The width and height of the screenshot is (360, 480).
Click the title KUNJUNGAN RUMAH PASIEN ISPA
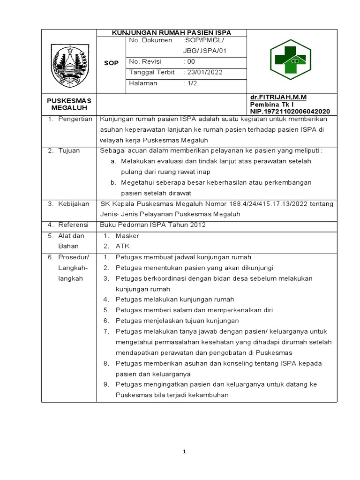pos(171,33)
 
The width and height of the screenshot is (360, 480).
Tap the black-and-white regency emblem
pos(69,66)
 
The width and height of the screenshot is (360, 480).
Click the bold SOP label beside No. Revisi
pos(111,62)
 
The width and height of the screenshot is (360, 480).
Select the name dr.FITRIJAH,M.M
pos(278,97)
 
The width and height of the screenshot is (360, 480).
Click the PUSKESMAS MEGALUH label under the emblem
pos(69,104)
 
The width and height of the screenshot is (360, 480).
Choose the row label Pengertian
pos(75,119)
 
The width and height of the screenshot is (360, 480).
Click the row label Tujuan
pos(69,150)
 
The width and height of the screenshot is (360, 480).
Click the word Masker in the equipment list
pos(127,236)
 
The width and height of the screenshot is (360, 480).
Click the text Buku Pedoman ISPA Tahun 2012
pos(153,225)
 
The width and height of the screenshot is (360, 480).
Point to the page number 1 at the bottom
pos(184,451)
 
